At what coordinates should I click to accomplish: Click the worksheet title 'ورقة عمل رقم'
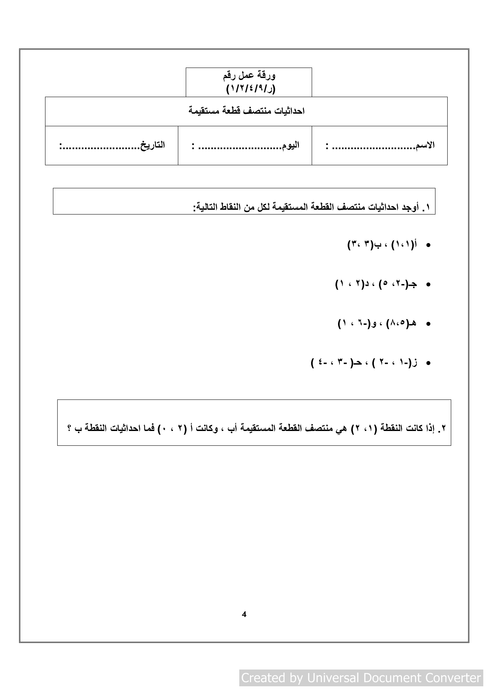coord(249,75)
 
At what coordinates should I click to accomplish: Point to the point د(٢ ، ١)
coord(352,284)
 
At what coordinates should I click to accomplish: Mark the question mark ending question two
coord(69,428)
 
